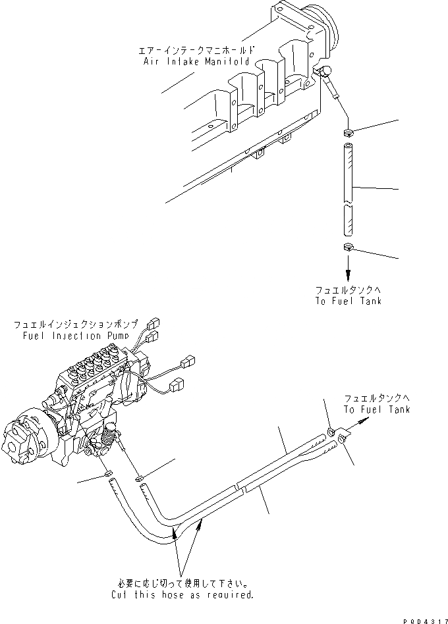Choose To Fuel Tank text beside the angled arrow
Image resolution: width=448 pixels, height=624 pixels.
click(376, 409)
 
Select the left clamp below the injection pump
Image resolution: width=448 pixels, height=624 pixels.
click(108, 475)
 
